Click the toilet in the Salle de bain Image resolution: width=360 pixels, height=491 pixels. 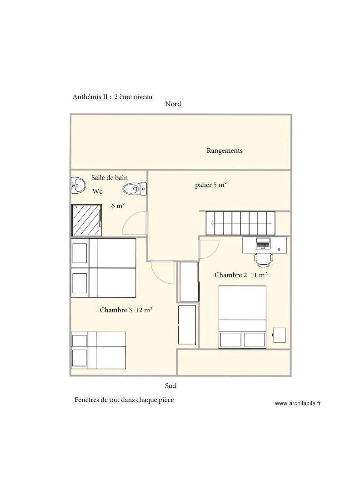coord(134,189)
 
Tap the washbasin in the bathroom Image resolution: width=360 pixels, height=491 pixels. coord(78,185)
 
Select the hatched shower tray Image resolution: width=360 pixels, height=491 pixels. coord(86,220)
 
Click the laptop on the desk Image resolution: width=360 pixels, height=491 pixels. coord(263,244)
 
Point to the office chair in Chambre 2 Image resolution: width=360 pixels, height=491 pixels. coord(264,260)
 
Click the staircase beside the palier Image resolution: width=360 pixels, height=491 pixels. coord(240,223)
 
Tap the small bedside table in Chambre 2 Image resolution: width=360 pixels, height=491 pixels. coord(279,335)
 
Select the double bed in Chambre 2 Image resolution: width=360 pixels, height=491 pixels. coord(242,316)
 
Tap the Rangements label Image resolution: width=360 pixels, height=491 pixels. coord(225,150)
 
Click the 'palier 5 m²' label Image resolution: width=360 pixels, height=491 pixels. coord(210,185)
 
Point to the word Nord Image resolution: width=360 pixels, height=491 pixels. coord(173,104)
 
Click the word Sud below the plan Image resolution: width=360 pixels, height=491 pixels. coord(170,386)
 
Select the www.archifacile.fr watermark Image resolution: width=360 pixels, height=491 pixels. coord(298,403)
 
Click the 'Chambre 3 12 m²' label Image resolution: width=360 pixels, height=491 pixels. coord(126,310)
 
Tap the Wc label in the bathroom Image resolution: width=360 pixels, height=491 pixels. coord(97,191)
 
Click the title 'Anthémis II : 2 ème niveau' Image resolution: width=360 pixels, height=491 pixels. coord(112,97)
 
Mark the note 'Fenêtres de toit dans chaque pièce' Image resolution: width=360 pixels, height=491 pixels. coord(124,400)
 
